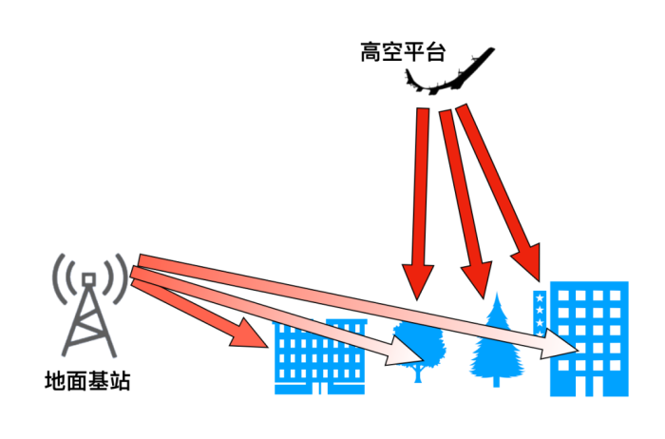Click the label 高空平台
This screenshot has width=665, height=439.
coord(403,50)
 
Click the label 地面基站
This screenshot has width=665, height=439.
coord(87,383)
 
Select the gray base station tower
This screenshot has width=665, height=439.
coord(88,314)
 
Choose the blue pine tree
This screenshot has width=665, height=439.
coord(494,342)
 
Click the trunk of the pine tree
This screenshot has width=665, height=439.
coord(495,379)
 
